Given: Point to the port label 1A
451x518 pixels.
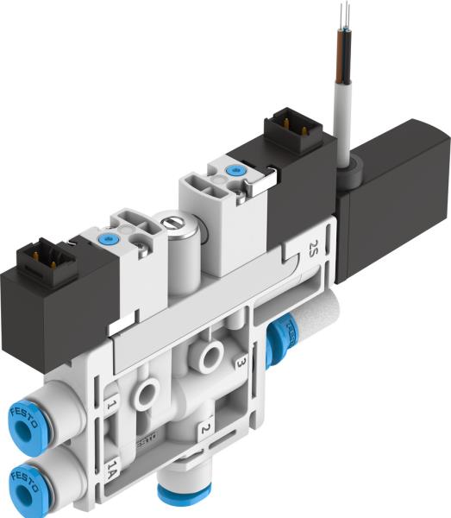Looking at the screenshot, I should click(x=112, y=471).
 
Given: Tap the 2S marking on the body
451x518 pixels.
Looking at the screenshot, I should click(x=313, y=251).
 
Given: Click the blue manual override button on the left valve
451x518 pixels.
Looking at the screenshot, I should click(x=108, y=239).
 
